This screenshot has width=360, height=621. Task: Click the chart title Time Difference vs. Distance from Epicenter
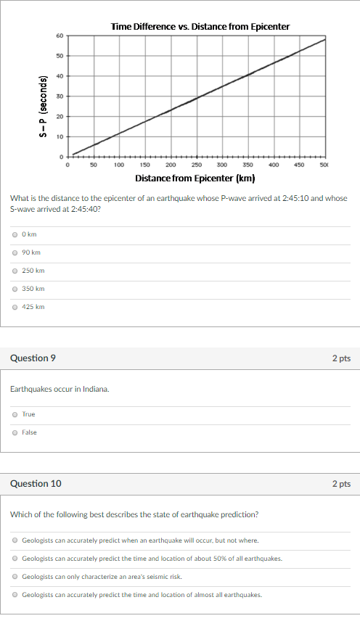pyautogui.click(x=200, y=27)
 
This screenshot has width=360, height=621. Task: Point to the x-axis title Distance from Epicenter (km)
pyautogui.click(x=195, y=178)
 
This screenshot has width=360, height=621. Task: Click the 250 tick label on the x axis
pyautogui.click(x=197, y=165)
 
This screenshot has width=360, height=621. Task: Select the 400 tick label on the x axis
pyautogui.click(x=274, y=165)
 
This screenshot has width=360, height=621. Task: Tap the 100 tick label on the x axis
pyautogui.click(x=118, y=165)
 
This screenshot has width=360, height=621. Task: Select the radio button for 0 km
pyautogui.click(x=15, y=234)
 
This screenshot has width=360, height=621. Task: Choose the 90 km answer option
pyautogui.click(x=15, y=252)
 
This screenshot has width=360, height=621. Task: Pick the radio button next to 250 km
pyautogui.click(x=15, y=271)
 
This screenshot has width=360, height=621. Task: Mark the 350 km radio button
pyautogui.click(x=15, y=289)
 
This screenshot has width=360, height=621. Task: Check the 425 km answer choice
pyautogui.click(x=15, y=307)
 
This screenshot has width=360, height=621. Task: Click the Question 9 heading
pyautogui.click(x=33, y=358)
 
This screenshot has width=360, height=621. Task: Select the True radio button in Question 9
pyautogui.click(x=15, y=414)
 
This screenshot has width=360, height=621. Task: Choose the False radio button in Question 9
pyautogui.click(x=15, y=432)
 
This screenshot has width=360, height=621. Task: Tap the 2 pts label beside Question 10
pyautogui.click(x=341, y=484)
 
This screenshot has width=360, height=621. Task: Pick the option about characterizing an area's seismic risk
pyautogui.click(x=15, y=577)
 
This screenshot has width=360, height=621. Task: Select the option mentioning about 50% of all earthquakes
pyautogui.click(x=15, y=559)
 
